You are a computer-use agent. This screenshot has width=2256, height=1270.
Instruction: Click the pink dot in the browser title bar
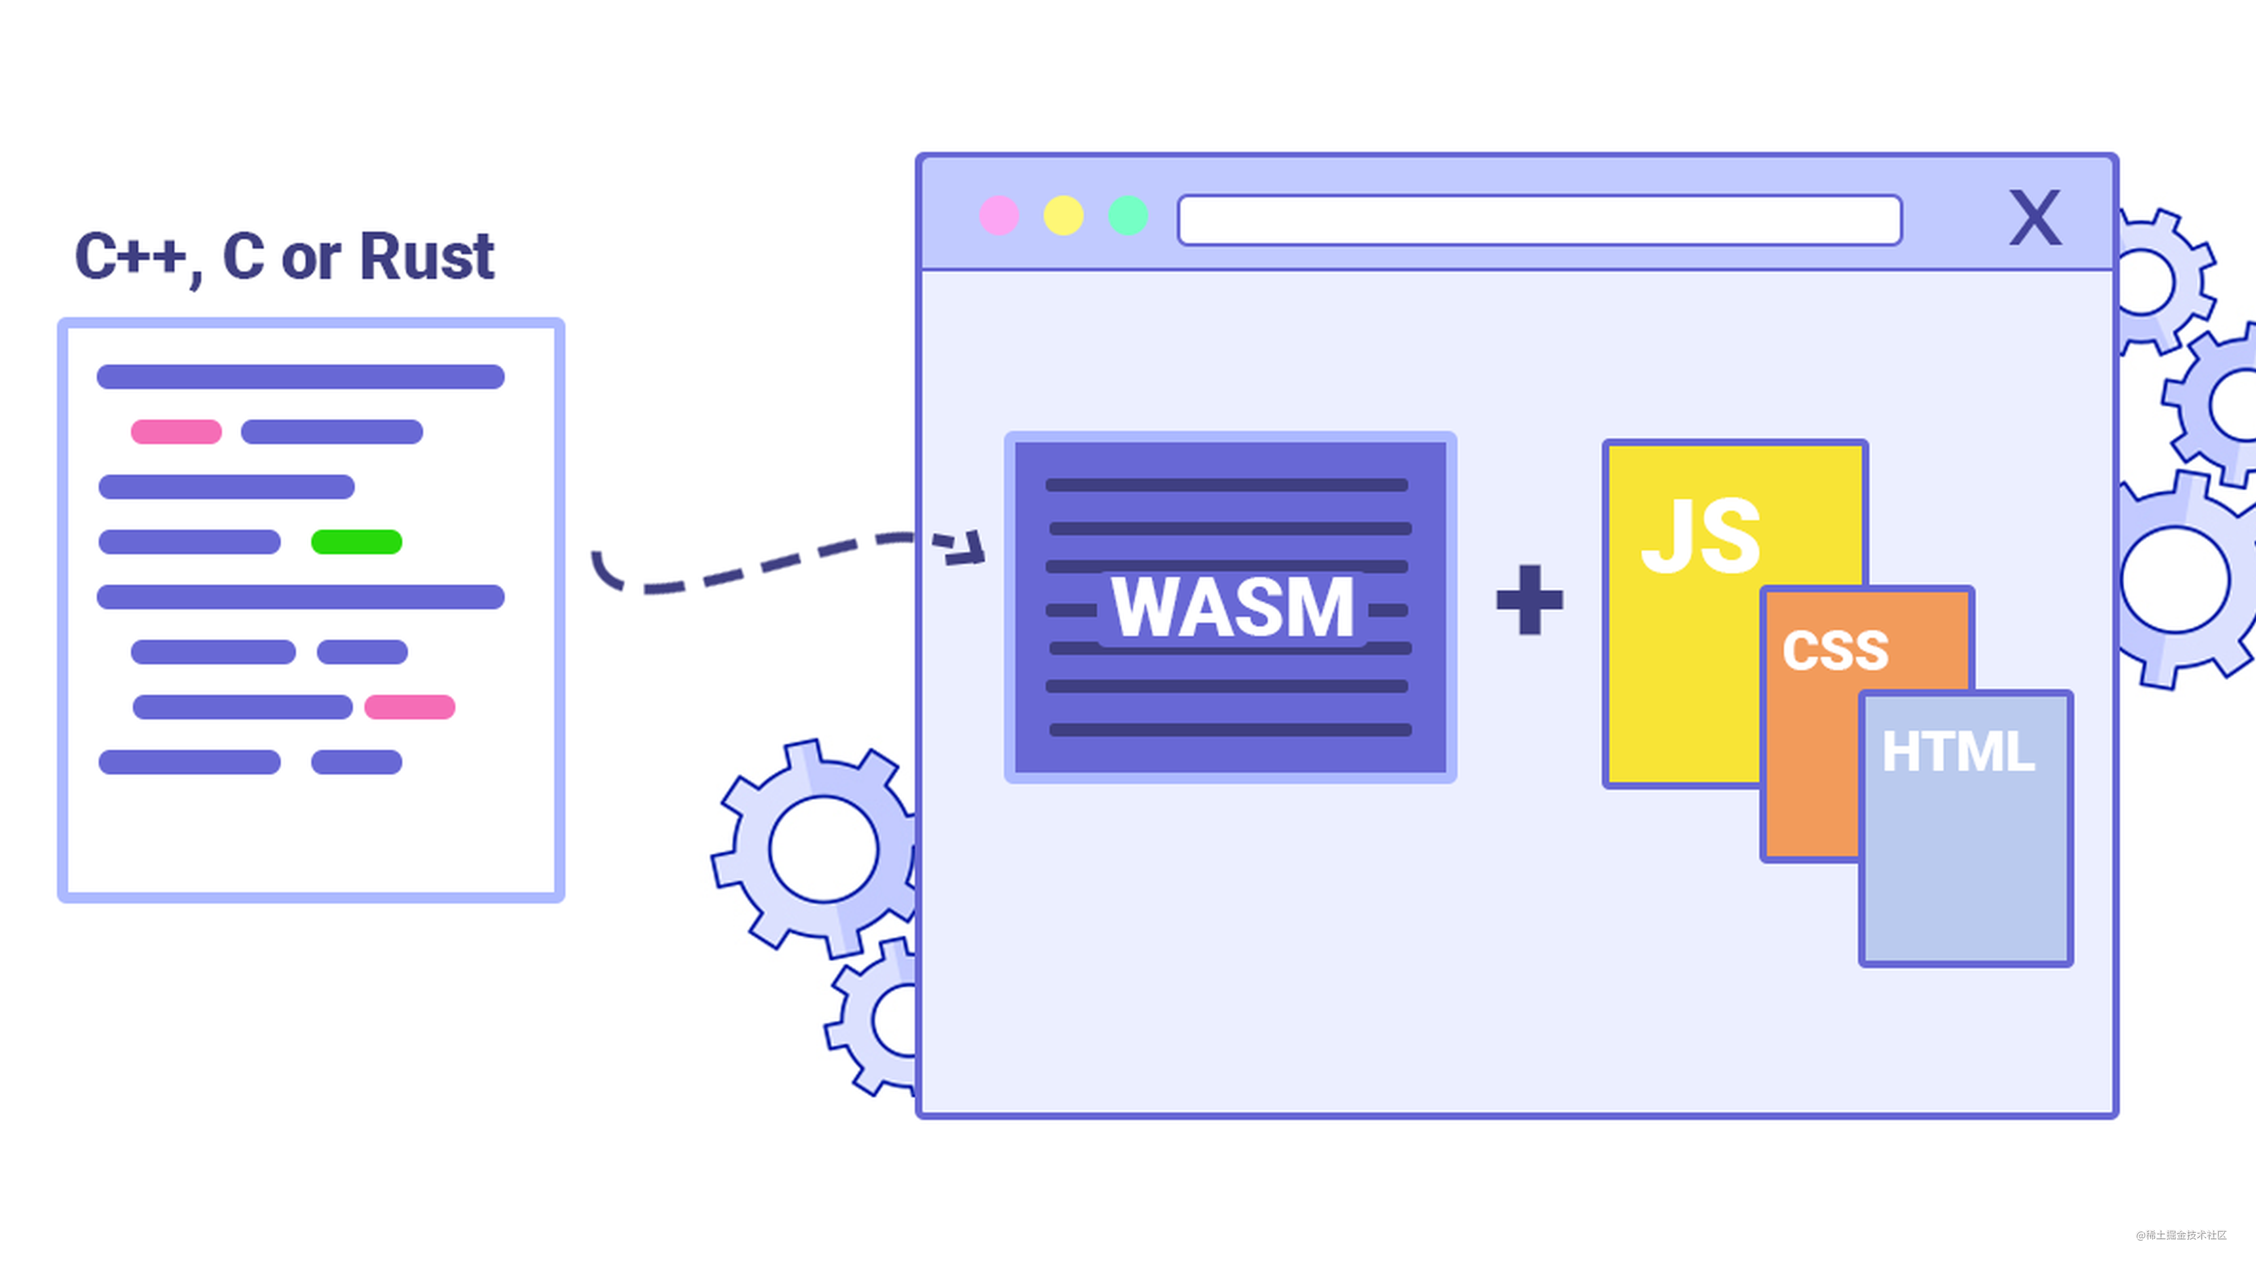point(998,215)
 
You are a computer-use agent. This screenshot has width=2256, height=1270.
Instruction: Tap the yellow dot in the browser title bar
point(1063,215)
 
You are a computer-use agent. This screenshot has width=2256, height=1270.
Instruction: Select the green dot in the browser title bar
point(1128,215)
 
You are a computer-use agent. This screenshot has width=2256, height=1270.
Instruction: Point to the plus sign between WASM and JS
point(1529,600)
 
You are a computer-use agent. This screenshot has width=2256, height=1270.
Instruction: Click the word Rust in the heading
point(427,257)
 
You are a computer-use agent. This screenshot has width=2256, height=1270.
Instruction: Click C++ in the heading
point(129,257)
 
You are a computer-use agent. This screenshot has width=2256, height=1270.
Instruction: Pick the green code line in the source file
point(357,542)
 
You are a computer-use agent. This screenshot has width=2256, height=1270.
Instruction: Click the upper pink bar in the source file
point(176,432)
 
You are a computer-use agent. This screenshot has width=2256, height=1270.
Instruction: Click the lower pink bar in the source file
point(410,707)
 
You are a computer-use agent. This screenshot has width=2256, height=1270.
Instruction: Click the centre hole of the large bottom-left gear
point(823,849)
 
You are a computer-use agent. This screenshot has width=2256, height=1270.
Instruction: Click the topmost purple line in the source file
point(300,377)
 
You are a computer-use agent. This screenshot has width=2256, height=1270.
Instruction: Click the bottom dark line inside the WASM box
point(1231,729)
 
